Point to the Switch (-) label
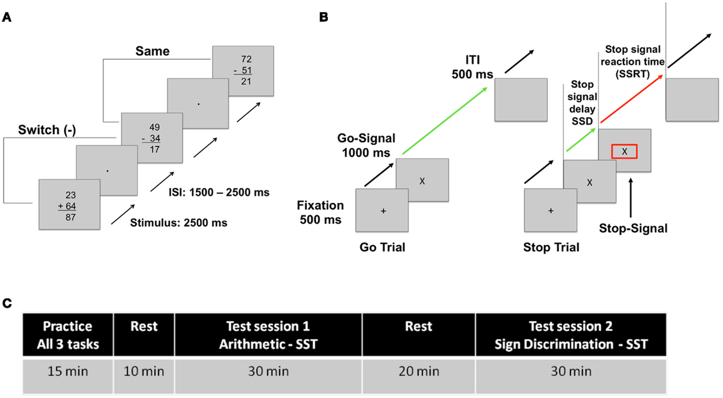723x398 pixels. [42, 129]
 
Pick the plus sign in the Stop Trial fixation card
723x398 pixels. [551, 211]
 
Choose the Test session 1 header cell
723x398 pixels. [268, 334]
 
